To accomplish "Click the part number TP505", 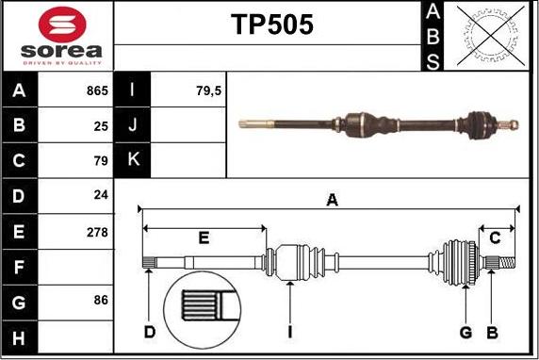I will pos(272,25).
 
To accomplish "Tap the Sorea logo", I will pos(58,36).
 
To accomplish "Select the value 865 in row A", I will pos(96,91).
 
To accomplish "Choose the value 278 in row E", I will pos(97,231).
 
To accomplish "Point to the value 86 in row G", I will pos(101,301).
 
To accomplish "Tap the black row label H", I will pos(20,336).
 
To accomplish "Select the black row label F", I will pos(20,267).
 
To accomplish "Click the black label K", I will pos(132,160).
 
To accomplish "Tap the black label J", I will pos(132,125).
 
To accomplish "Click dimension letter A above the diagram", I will pos(332,199).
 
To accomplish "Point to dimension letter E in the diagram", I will pos(204,237).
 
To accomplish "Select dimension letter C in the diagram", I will pos(495,237).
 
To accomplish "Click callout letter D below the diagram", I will pos(150,332).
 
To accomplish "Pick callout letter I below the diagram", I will pos(292,332).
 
